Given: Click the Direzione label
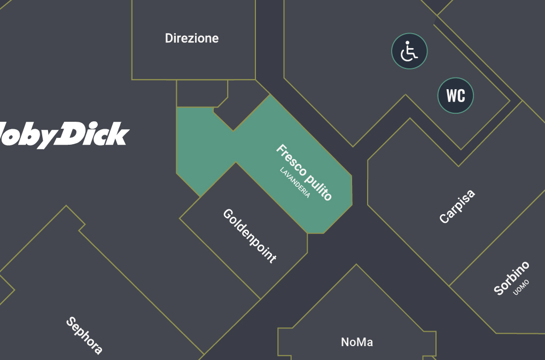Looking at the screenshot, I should pyautogui.click(x=192, y=38).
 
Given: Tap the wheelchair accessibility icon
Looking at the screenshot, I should pyautogui.click(x=409, y=51).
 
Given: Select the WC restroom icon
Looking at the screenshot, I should pyautogui.click(x=456, y=96).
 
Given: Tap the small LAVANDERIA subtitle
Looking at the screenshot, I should pyautogui.click(x=295, y=183).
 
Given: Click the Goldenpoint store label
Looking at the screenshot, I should pyautogui.click(x=250, y=236).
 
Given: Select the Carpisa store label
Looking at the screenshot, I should pyautogui.click(x=457, y=207).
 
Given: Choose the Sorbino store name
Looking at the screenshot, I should pyautogui.click(x=511, y=278).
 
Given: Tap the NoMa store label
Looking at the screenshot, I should pyautogui.click(x=357, y=342).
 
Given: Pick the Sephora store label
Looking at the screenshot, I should pyautogui.click(x=84, y=336).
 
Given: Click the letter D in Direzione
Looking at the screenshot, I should pyautogui.click(x=169, y=38).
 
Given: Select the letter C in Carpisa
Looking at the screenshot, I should pyautogui.click(x=443, y=219).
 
